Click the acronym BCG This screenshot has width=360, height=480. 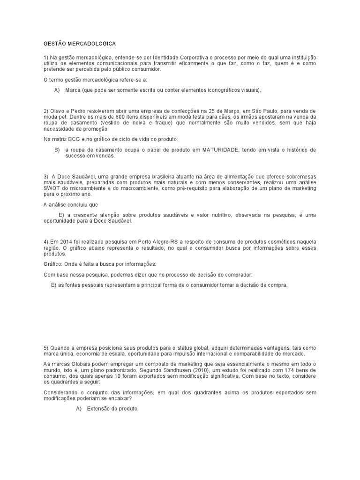[x=77, y=140]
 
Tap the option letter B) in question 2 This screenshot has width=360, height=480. [x=57, y=150]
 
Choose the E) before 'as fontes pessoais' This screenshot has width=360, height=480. [x=53, y=285]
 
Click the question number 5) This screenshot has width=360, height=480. [x=46, y=348]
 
